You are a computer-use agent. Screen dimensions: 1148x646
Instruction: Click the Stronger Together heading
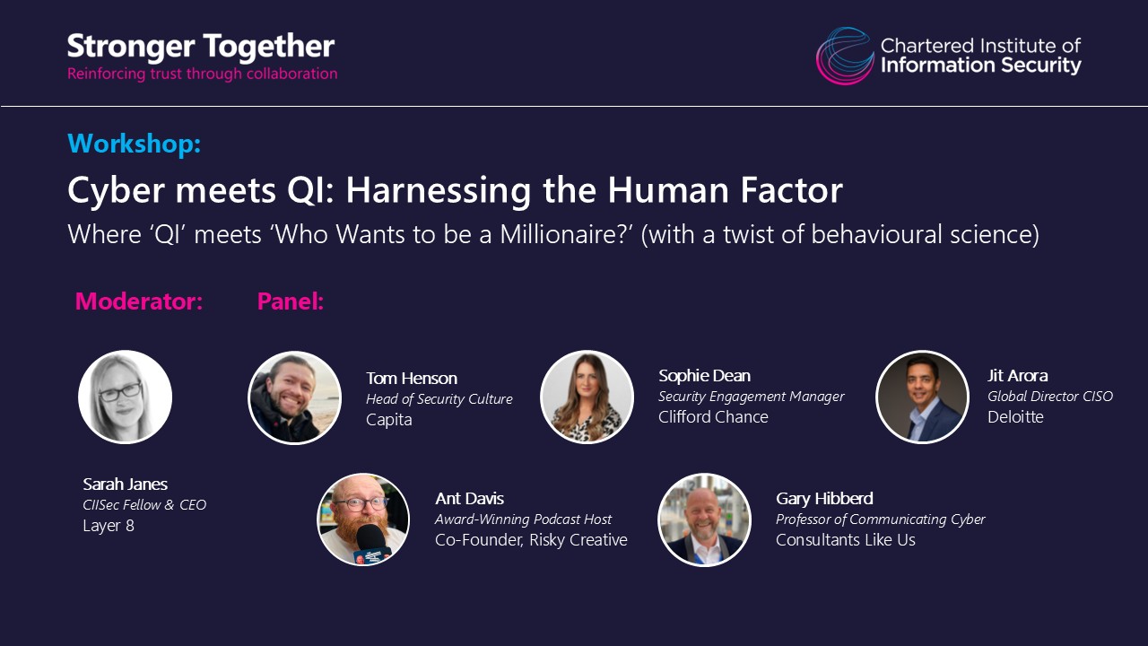pyautogui.click(x=201, y=47)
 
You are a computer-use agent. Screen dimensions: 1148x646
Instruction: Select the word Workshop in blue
pyautogui.click(x=135, y=143)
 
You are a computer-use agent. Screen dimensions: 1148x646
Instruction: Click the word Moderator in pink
pyautogui.click(x=139, y=301)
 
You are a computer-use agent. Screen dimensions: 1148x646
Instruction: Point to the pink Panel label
pyautogui.click(x=290, y=301)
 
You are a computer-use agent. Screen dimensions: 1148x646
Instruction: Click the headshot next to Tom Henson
pyautogui.click(x=294, y=397)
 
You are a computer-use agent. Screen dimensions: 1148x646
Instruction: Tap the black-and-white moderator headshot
pyautogui.click(x=125, y=397)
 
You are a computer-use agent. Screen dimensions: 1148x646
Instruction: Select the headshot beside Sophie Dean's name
pyautogui.click(x=587, y=397)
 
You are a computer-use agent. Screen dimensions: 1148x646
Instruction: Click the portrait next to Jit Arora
pyautogui.click(x=922, y=397)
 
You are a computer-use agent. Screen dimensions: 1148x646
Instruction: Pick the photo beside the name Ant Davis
pyautogui.click(x=363, y=519)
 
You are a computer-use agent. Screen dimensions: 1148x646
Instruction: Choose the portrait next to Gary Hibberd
pyautogui.click(x=704, y=519)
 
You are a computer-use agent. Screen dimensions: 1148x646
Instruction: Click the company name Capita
pyautogui.click(x=389, y=420)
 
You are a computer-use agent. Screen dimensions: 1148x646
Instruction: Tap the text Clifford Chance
pyautogui.click(x=713, y=417)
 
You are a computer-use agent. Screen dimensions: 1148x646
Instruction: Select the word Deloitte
pyautogui.click(x=1015, y=417)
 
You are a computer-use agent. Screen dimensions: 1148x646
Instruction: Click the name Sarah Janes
pyautogui.click(x=125, y=484)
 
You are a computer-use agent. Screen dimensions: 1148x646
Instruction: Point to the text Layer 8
pyautogui.click(x=109, y=526)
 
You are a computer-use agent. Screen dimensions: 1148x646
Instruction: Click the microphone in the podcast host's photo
pyautogui.click(x=371, y=544)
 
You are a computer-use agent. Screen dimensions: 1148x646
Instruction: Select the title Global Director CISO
pyautogui.click(x=1050, y=397)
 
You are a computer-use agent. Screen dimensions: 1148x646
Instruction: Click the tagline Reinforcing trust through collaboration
pyautogui.click(x=203, y=74)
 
